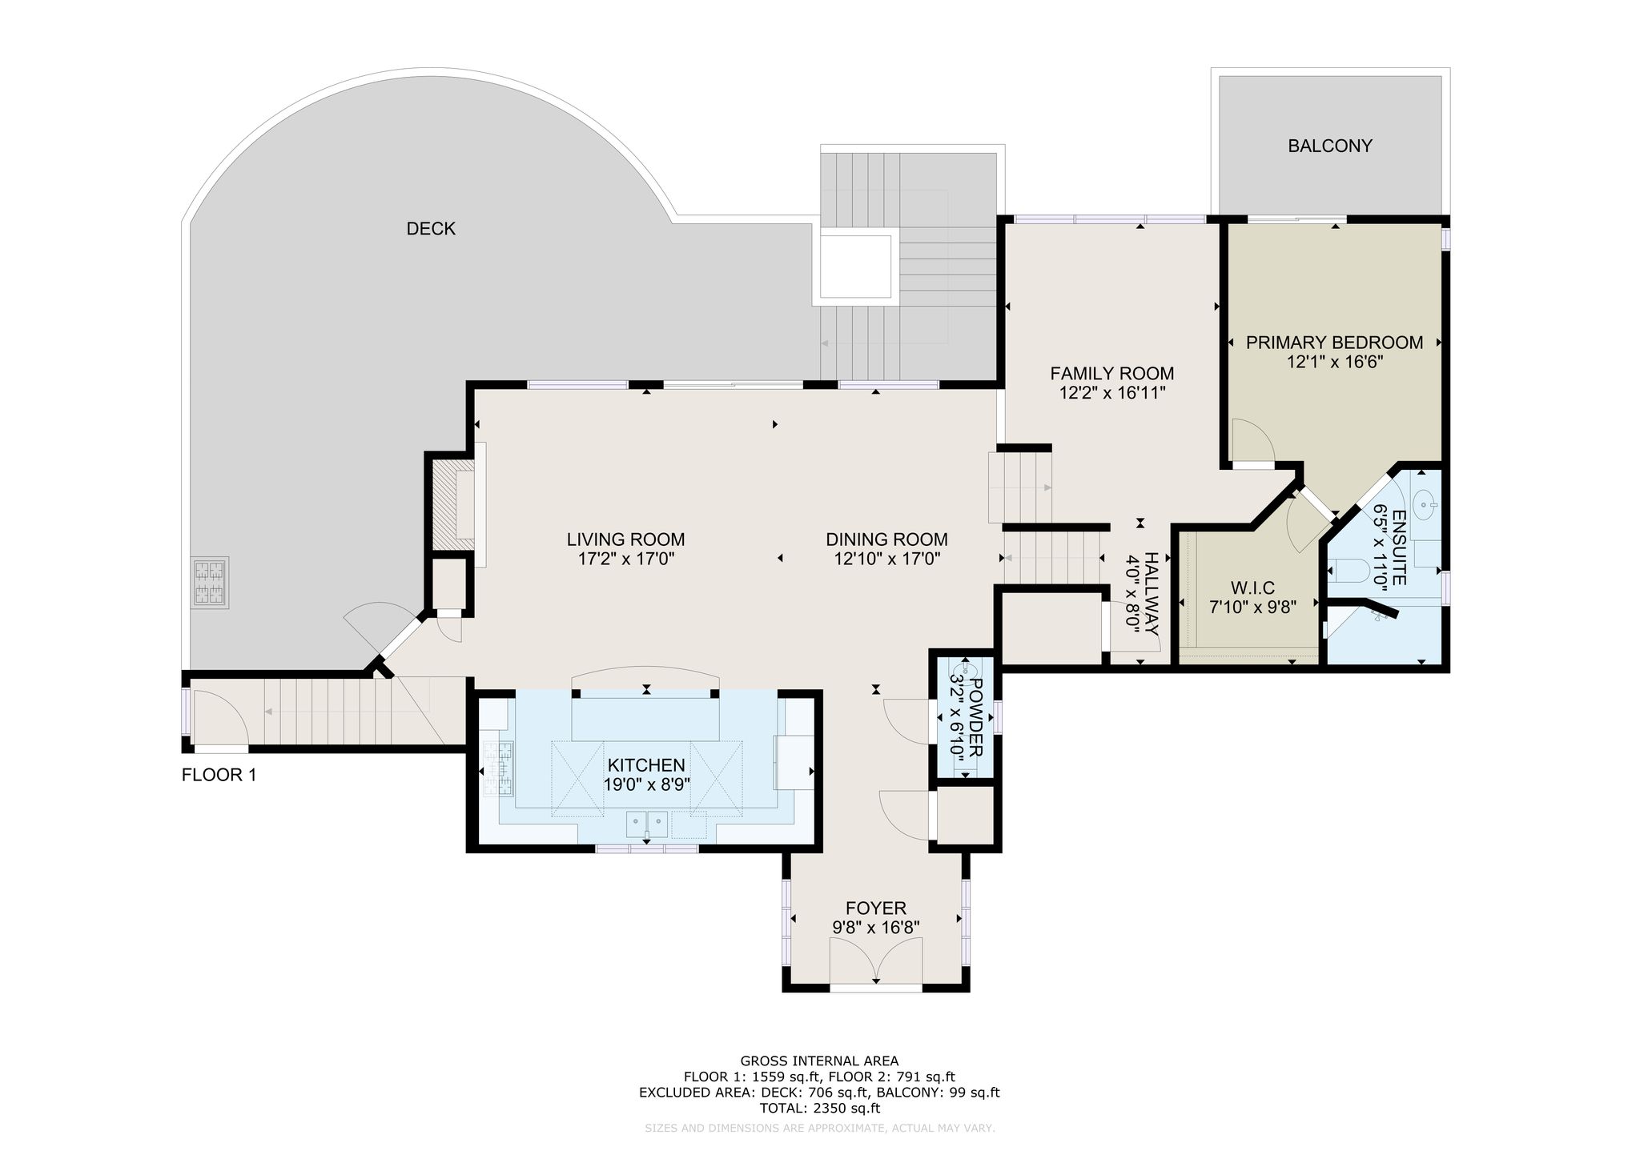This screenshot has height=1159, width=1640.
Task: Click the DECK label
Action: [x=431, y=229]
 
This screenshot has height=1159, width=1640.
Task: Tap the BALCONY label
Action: [x=1330, y=146]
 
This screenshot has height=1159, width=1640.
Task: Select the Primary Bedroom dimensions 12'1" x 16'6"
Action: [x=1335, y=362]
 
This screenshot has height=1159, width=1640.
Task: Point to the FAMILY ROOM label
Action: [x=1112, y=373]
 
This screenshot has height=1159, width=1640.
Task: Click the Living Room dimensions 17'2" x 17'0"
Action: [x=626, y=559]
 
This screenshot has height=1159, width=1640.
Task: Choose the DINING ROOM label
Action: [x=887, y=539]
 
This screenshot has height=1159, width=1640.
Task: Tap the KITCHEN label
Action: [x=646, y=765]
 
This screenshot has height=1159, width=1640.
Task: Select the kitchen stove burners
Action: [x=498, y=769]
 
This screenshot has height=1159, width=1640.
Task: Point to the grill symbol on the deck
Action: [x=210, y=583]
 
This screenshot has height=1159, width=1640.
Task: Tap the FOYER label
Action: [x=876, y=908]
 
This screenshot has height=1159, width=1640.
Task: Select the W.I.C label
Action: [x=1253, y=588]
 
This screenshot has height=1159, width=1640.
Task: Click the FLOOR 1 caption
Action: [x=219, y=775]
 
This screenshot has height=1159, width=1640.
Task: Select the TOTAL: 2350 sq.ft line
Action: [x=819, y=1109]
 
